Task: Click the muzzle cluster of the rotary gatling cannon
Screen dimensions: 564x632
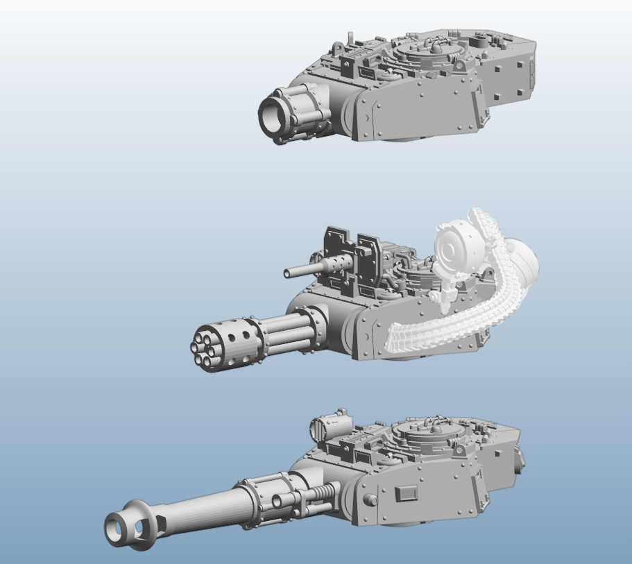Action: coord(201,350)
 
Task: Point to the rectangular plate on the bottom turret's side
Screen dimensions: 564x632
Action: coord(406,494)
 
